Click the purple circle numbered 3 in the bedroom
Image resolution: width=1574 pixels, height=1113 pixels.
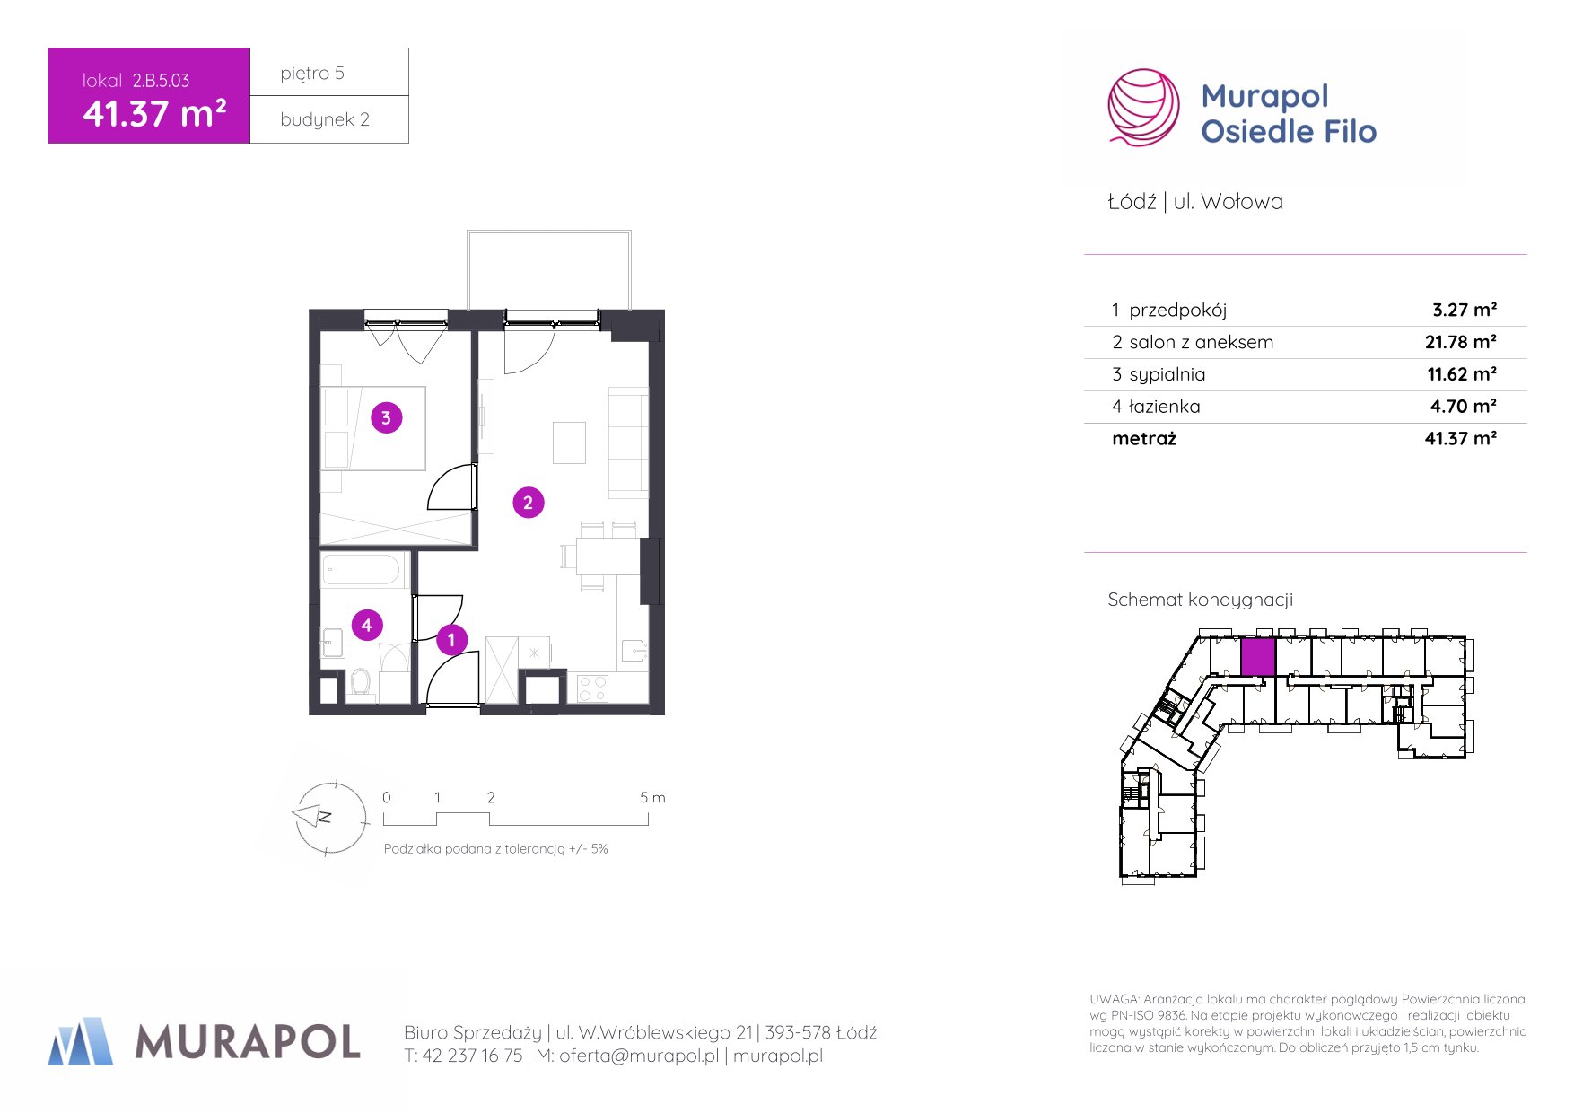pyautogui.click(x=386, y=417)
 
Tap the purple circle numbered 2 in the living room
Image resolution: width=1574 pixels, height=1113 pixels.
pyautogui.click(x=528, y=503)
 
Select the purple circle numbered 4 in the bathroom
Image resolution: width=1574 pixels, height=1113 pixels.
pyautogui.click(x=366, y=625)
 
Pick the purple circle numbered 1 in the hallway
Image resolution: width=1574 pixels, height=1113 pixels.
pyautogui.click(x=451, y=640)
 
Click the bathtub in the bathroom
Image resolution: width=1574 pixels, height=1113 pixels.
pyautogui.click(x=362, y=570)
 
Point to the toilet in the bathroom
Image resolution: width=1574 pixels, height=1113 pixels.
pyautogui.click(x=361, y=681)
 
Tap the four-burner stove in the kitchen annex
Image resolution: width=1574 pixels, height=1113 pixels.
pyautogui.click(x=592, y=688)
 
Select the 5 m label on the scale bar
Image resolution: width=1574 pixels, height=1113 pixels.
pyautogui.click(x=652, y=797)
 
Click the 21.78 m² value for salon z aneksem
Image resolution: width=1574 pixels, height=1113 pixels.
pyautogui.click(x=1461, y=342)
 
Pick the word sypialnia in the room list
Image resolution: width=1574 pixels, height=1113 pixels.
pyautogui.click(x=1167, y=374)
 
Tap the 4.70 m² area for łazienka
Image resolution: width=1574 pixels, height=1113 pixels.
pyautogui.click(x=1464, y=407)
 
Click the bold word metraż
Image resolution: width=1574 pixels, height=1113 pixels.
pyautogui.click(x=1144, y=439)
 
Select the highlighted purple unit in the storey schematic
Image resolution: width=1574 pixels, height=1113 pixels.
pyautogui.click(x=1257, y=657)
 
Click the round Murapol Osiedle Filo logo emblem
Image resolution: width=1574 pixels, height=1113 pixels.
pyautogui.click(x=1143, y=108)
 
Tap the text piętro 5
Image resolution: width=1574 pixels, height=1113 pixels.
pyautogui.click(x=312, y=74)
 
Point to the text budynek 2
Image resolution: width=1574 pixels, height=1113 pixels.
pyautogui.click(x=325, y=119)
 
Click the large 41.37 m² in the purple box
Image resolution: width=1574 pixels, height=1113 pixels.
pyautogui.click(x=154, y=114)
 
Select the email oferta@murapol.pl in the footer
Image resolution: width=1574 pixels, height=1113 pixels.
pyautogui.click(x=639, y=1056)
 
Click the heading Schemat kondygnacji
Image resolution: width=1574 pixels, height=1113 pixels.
pyautogui.click(x=1200, y=600)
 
